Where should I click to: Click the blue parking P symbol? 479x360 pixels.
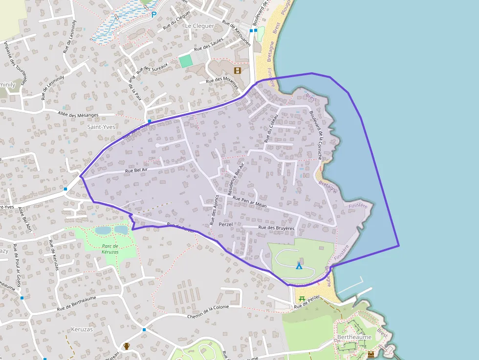click(x=153, y=15)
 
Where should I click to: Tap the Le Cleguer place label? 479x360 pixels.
click(x=199, y=26)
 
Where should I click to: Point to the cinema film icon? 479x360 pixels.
click(x=238, y=70)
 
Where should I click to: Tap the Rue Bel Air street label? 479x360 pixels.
click(x=136, y=169)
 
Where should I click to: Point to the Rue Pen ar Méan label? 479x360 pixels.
click(x=249, y=202)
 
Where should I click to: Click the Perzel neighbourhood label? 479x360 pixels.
click(x=225, y=225)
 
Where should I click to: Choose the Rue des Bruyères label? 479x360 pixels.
click(x=277, y=228)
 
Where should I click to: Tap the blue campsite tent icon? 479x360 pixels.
click(x=299, y=266)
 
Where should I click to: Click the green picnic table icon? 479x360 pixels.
click(x=302, y=298)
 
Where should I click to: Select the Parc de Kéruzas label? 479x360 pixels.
click(x=110, y=249)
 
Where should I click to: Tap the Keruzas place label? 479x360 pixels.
click(x=81, y=329)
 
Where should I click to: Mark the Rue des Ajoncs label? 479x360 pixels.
click(x=214, y=210)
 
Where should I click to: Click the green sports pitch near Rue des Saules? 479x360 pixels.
click(x=185, y=61)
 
